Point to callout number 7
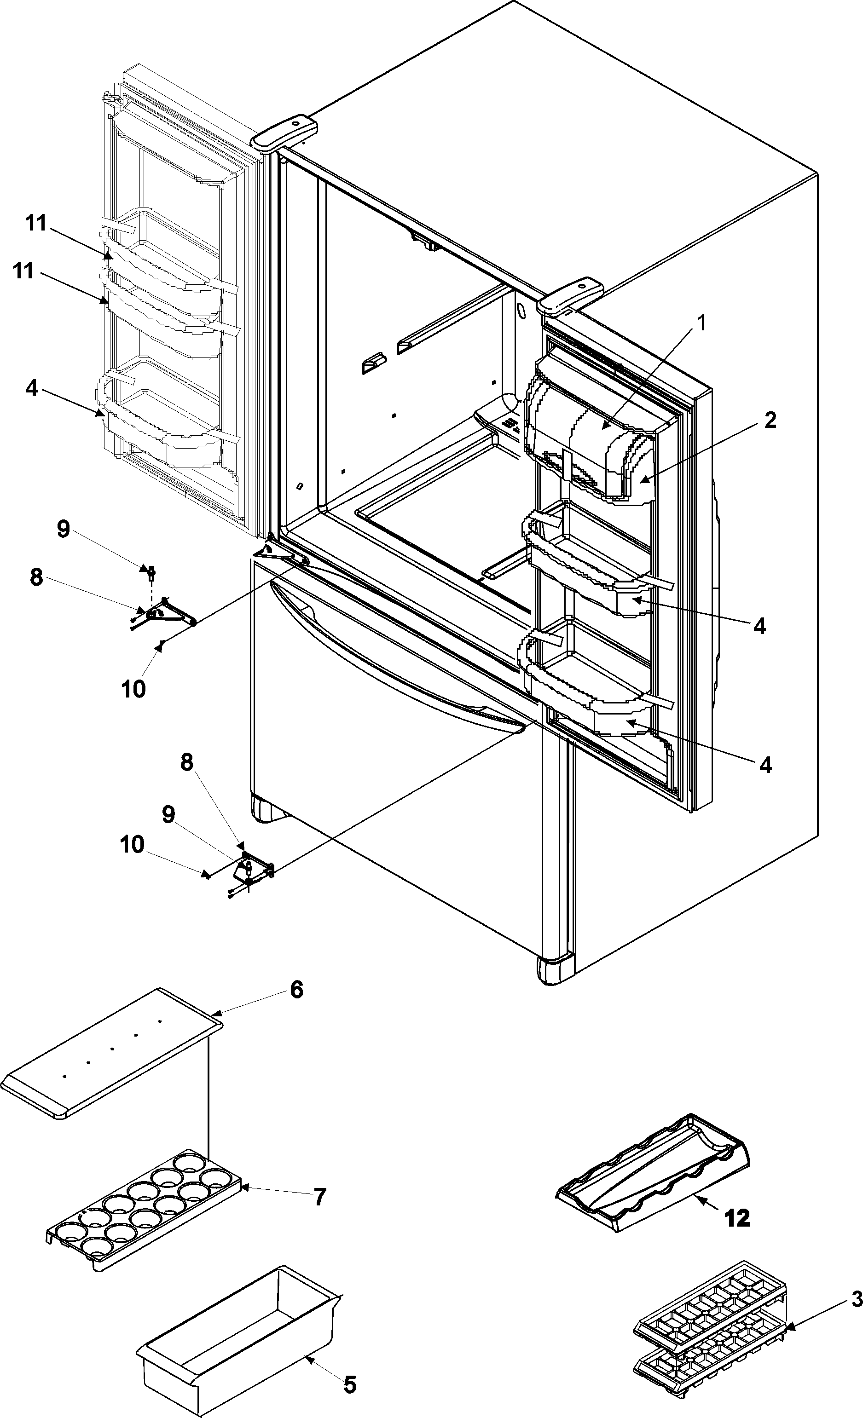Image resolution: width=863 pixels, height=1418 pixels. pyautogui.click(x=319, y=1197)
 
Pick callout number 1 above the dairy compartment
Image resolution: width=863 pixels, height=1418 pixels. pyautogui.click(x=701, y=324)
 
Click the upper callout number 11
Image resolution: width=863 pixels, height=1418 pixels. pyautogui.click(x=36, y=223)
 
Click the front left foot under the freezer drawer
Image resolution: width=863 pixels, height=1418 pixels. pyautogui.click(x=262, y=808)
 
